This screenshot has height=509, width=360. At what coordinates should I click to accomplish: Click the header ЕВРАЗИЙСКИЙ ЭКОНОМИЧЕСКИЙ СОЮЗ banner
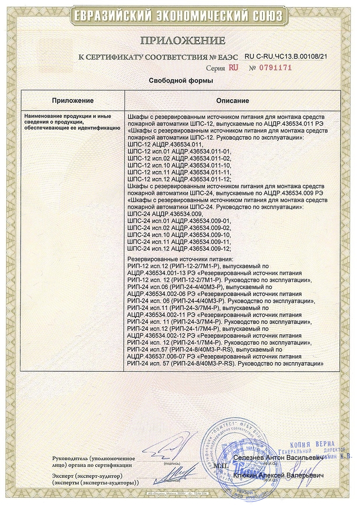coord(180,16)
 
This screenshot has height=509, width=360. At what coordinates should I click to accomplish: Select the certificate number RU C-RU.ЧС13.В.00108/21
coord(286,56)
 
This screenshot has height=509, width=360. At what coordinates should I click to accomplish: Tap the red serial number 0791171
coord(276,68)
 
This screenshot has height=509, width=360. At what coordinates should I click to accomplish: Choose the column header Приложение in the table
coord(73,101)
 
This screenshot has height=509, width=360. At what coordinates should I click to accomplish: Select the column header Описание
coord(232,101)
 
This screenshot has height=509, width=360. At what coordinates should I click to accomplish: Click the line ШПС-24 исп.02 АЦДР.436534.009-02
coord(178,228)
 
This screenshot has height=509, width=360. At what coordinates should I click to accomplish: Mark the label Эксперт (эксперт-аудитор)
coord(86,475)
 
